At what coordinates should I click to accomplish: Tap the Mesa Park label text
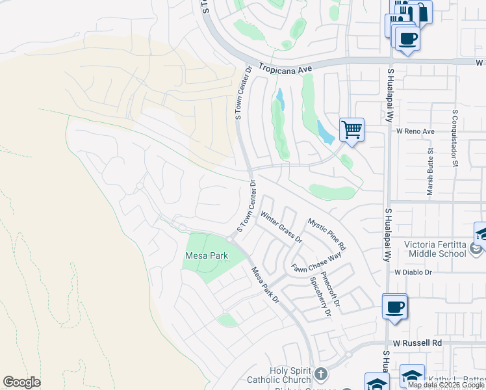207,255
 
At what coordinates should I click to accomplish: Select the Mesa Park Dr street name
265,286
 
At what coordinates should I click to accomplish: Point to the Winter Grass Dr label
281,227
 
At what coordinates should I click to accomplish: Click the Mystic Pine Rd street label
327,235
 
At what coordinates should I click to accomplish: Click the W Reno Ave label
415,131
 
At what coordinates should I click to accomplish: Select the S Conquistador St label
454,137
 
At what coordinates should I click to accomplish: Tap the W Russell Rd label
417,342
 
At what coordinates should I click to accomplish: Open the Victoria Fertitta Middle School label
435,249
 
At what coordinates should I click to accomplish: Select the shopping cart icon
352,129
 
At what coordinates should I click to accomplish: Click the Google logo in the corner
22,382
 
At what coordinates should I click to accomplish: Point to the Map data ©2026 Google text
446,385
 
